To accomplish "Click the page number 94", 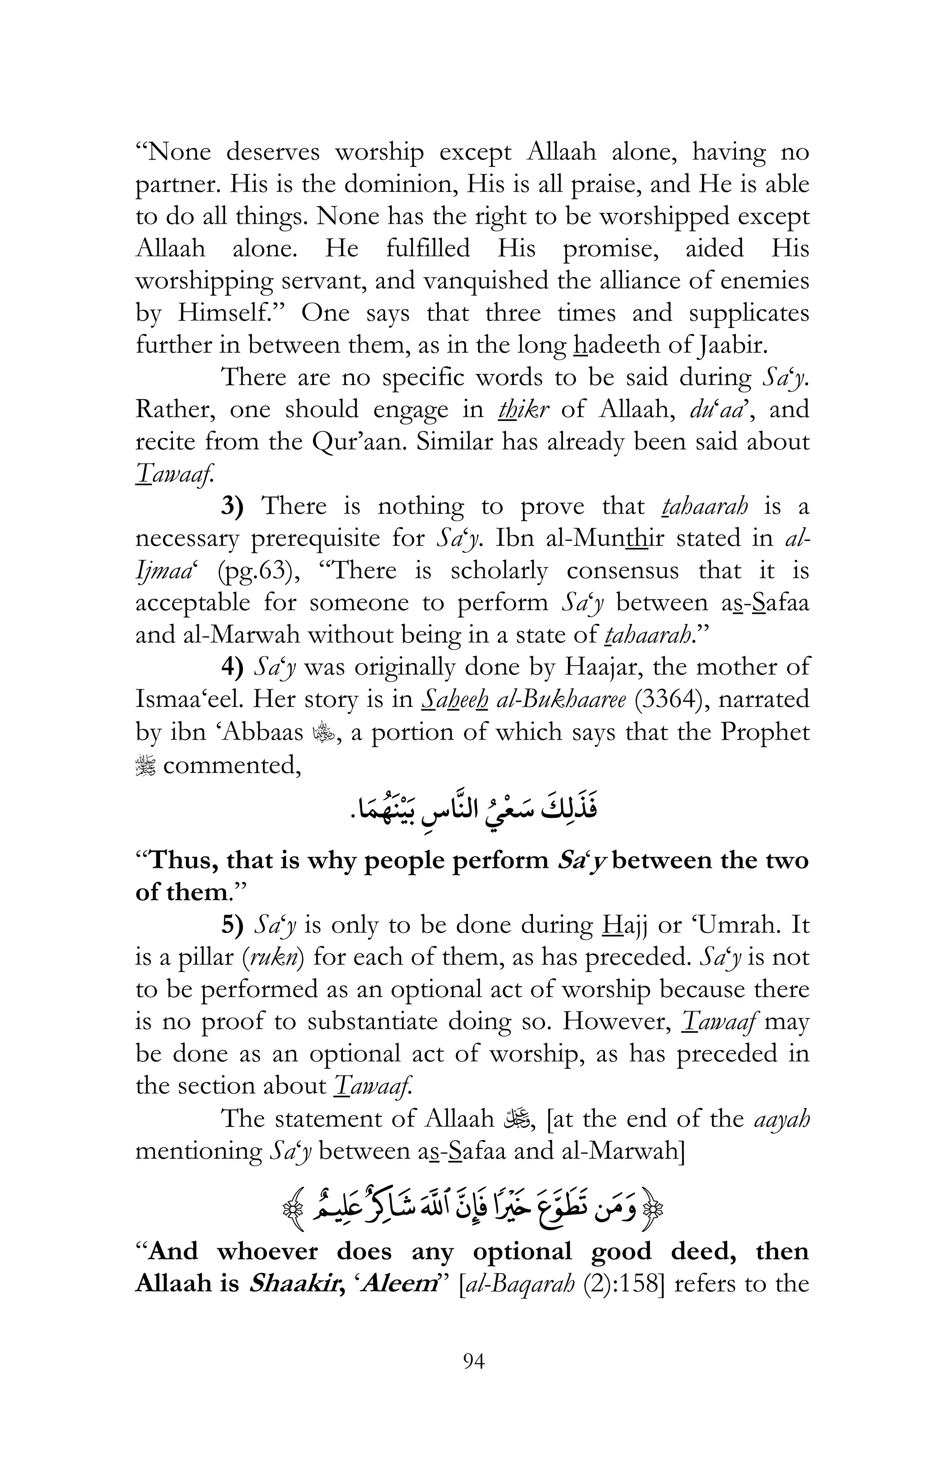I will point(473,1362).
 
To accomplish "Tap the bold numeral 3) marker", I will point(233,506).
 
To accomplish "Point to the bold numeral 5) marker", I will point(233,925).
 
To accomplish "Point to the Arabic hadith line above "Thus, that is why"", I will point(472,810).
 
